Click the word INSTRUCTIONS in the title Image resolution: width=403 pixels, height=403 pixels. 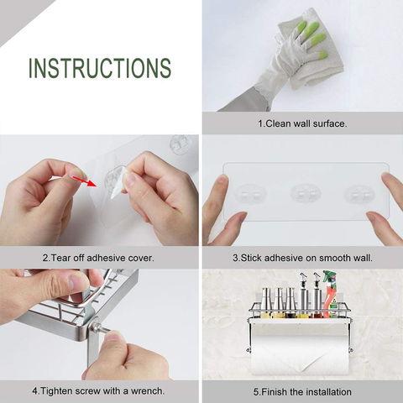click(x=100, y=68)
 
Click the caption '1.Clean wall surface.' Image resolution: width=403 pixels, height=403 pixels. click(x=302, y=123)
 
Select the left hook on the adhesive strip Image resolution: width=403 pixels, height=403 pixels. click(x=250, y=194)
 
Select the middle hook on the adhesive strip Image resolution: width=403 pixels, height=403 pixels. click(x=303, y=194)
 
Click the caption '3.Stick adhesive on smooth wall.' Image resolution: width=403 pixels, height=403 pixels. click(x=302, y=258)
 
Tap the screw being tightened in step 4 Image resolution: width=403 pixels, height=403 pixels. click(x=95, y=328)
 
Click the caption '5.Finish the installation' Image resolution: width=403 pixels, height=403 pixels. click(x=302, y=391)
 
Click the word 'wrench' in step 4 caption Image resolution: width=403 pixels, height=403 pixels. click(x=146, y=391)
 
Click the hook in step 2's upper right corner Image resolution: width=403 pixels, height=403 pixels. click(x=180, y=144)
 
